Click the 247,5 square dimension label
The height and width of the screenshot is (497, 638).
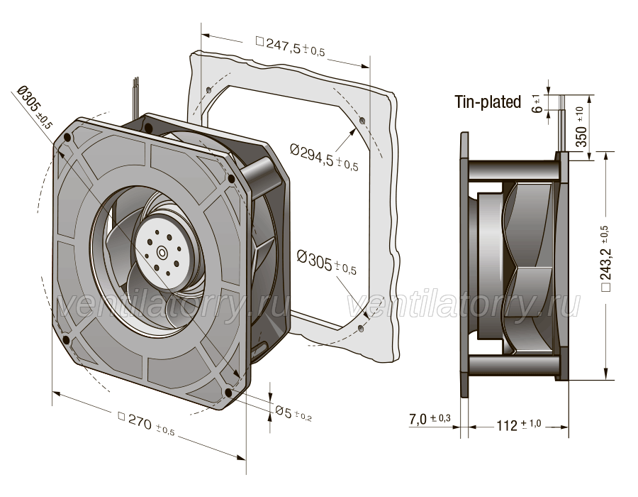[x=290, y=45]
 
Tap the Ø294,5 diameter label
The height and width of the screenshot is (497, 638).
[x=324, y=156]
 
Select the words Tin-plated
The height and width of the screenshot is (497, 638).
[x=488, y=102]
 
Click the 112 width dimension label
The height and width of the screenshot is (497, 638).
[x=518, y=425]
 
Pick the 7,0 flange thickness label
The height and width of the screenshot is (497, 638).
[x=430, y=419]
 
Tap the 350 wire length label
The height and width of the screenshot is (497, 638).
[x=581, y=126]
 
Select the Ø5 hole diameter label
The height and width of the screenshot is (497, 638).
[x=293, y=413]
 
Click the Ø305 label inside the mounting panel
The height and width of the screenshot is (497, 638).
[x=326, y=263]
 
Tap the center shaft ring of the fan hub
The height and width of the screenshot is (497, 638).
[x=162, y=253]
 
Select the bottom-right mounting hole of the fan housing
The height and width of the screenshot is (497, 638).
[x=228, y=393]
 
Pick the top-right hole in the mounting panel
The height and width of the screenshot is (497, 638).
[x=363, y=120]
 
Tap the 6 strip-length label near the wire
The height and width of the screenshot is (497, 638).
[x=538, y=104]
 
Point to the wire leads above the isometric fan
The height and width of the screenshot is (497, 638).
[x=136, y=97]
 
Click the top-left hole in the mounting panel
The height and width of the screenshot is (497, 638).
[x=208, y=89]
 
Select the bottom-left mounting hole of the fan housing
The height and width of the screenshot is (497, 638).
[x=65, y=339]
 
